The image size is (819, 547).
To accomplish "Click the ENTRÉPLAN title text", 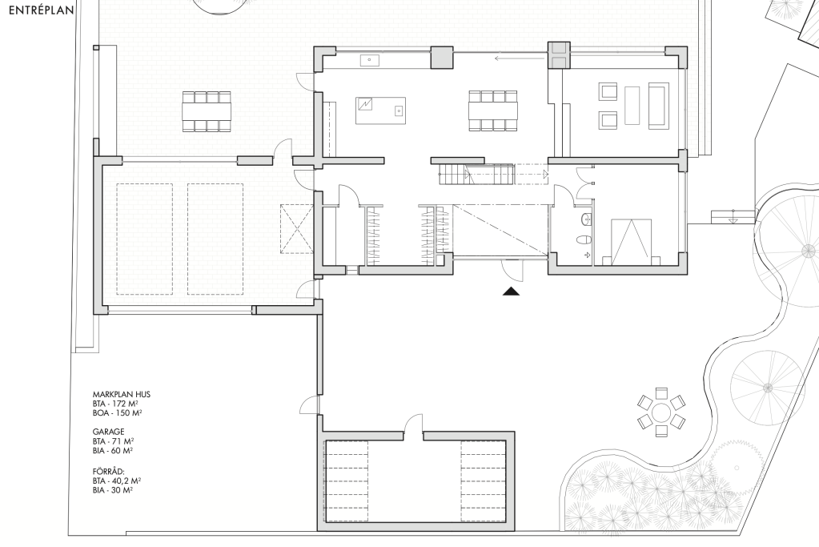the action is [42, 10].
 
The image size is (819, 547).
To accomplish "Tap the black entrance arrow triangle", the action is [512, 292].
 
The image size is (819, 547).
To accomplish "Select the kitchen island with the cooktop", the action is [381, 111].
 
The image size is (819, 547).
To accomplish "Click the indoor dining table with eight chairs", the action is [493, 111].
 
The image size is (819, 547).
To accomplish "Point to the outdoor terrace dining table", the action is [207, 111].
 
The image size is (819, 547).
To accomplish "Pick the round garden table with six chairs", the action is [660, 412].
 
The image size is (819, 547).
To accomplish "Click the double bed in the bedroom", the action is [631, 242].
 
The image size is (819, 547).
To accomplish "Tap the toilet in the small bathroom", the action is [584, 240].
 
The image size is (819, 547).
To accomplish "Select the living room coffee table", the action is [632, 106].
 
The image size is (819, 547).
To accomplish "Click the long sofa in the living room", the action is [658, 106].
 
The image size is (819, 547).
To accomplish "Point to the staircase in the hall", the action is [477, 174].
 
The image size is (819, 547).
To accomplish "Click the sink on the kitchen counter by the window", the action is [370, 61].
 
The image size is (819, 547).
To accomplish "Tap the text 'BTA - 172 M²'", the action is [115, 404].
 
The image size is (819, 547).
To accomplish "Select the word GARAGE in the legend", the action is [109, 432].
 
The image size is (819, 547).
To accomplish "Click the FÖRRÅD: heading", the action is [109, 471].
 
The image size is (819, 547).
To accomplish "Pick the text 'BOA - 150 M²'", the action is [118, 412].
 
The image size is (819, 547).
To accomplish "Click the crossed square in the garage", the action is [297, 228].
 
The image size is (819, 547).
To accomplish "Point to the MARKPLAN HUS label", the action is [122, 395].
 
